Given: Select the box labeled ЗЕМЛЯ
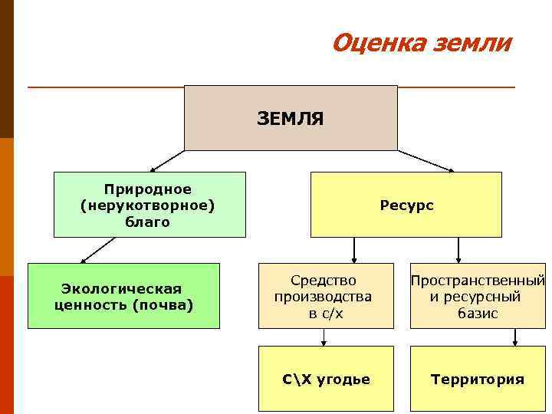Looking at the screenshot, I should point(291,117).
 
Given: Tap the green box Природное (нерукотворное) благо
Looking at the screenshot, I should point(149,204).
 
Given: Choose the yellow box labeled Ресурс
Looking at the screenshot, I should point(406,205).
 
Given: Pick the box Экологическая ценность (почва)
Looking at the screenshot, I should point(123,296).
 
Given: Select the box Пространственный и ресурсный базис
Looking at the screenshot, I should point(477,296).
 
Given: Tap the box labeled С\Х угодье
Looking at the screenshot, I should point(326,379).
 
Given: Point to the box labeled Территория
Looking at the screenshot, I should point(477,379).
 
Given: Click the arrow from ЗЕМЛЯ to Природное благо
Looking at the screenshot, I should point(168,160).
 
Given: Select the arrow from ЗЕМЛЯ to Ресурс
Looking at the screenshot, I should point(426,160).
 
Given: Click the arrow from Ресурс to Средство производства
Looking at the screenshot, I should point(353,250).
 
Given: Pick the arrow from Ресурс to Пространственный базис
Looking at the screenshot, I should point(458,250).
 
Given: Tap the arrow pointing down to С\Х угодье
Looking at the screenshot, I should point(324,337).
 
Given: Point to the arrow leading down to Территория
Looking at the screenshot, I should point(515,337).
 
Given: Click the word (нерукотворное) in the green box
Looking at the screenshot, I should point(148,205).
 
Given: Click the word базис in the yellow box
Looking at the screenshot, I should point(477,314).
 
